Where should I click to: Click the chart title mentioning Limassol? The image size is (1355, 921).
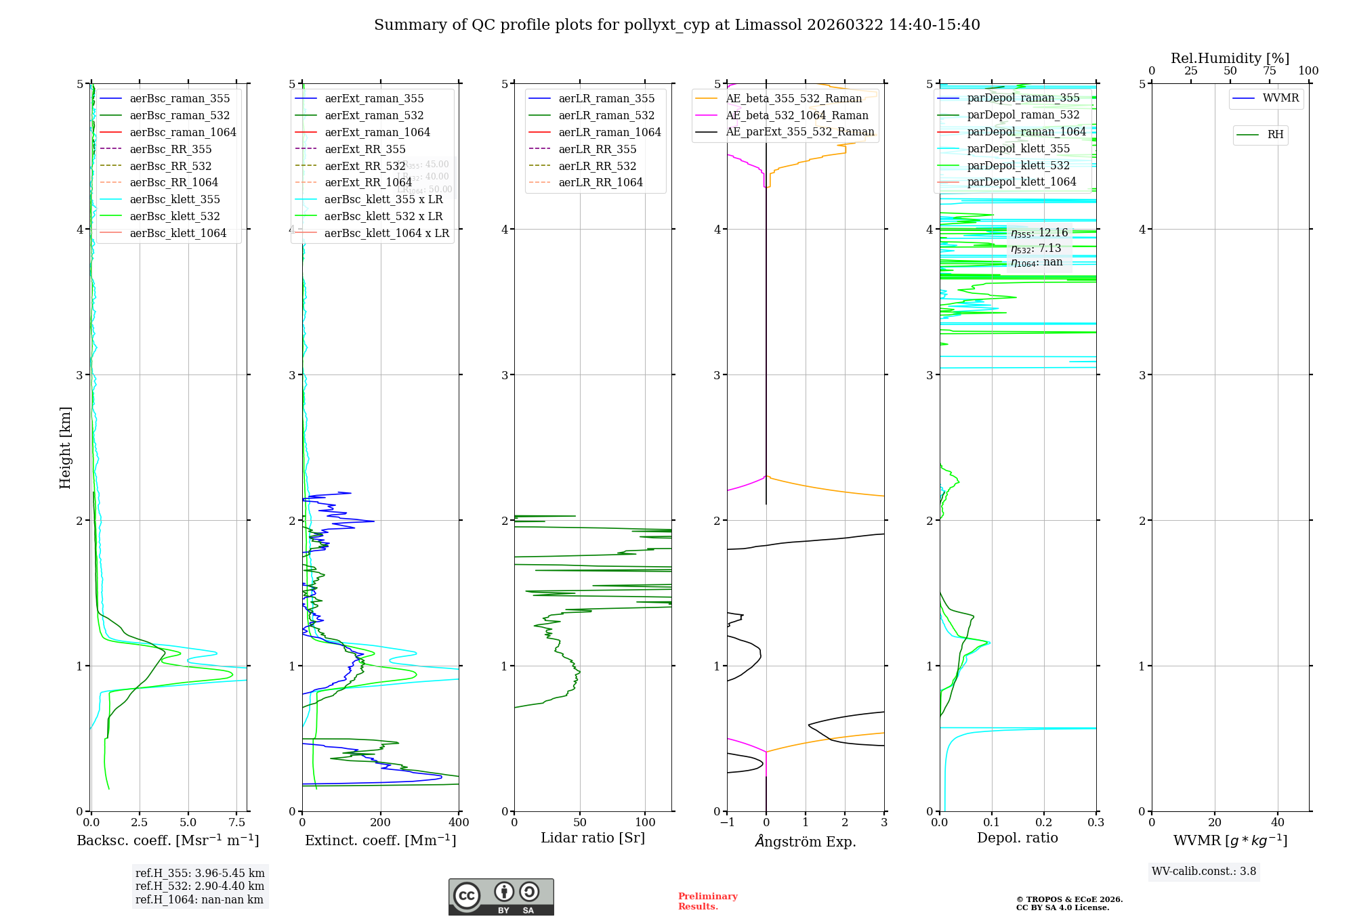coord(677,25)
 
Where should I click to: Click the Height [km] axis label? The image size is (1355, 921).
coord(65,448)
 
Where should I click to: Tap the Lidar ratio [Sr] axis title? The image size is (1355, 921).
coord(593,838)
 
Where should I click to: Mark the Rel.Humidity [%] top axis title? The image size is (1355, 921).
coord(1230,58)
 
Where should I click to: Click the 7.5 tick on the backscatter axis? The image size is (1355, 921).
coord(237,823)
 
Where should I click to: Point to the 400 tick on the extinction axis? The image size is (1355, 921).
coord(459,823)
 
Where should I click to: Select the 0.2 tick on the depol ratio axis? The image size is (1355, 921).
coord(1044,823)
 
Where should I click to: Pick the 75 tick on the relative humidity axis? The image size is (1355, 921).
coord(1269,71)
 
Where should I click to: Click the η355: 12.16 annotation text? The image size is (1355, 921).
coord(1039,233)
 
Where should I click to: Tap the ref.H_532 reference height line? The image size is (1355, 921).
coord(199,886)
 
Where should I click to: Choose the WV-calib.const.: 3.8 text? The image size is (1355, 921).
coord(1204,872)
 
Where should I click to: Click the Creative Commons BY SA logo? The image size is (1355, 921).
coord(501,897)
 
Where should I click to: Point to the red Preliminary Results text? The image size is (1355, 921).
coord(707,901)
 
